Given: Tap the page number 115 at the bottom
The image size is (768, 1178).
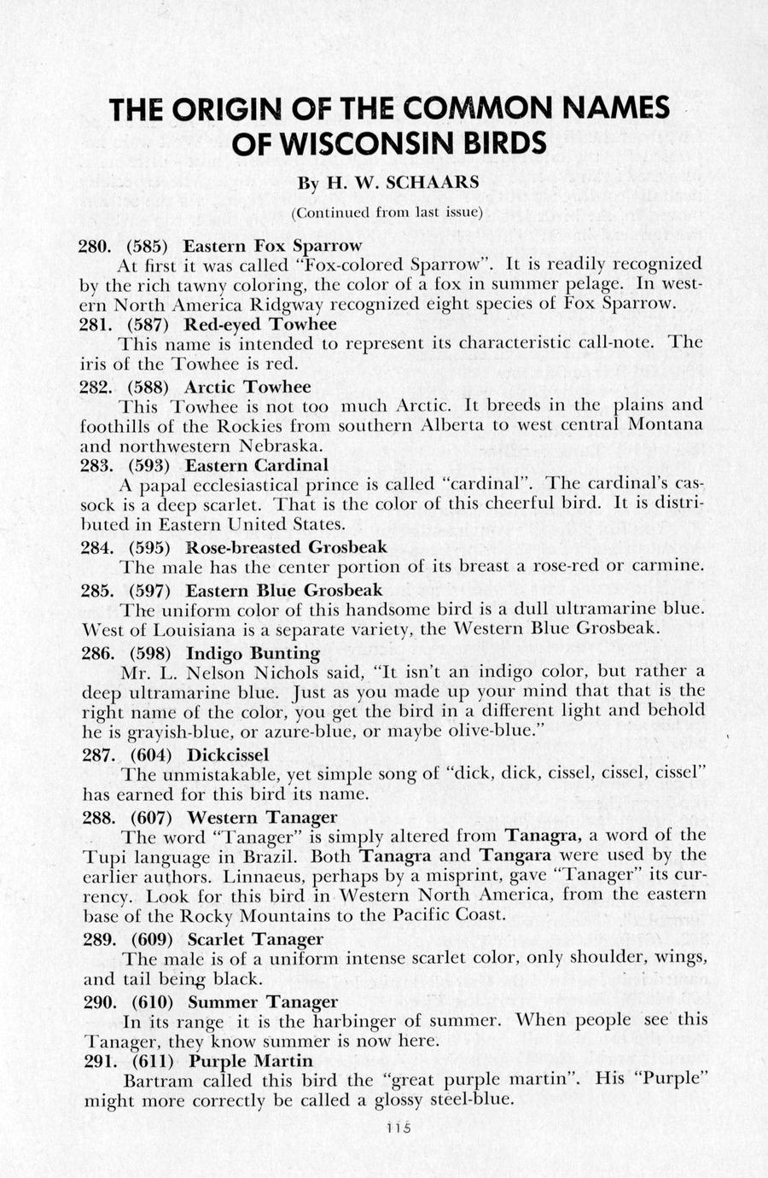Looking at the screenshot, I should click(398, 1127).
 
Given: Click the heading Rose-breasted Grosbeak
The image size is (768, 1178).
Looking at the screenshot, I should click(286, 547).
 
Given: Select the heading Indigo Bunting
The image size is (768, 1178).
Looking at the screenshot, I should click(253, 654).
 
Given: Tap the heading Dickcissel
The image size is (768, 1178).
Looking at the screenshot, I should click(227, 755).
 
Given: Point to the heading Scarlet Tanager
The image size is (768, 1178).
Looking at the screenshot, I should click(255, 939).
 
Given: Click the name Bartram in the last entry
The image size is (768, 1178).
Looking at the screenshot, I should click(155, 1081).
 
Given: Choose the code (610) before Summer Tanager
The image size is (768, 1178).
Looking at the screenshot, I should click(154, 1001).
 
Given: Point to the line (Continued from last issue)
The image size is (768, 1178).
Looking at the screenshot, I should click(387, 212).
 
